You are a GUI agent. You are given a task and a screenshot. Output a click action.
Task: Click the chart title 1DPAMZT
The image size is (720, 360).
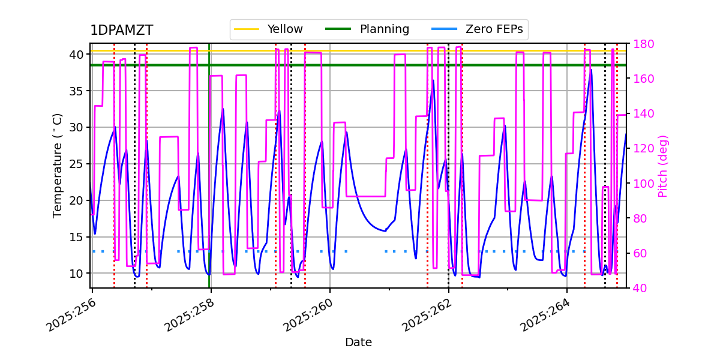click(x=121, y=31)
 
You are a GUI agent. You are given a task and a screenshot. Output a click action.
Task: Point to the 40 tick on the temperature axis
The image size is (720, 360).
click(x=76, y=55)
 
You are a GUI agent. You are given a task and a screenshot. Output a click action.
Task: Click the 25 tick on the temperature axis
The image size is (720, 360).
click(x=76, y=164)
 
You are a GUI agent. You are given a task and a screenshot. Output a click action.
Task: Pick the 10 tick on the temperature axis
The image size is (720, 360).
click(x=76, y=274)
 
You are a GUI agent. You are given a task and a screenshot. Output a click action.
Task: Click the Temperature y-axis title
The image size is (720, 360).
click(x=58, y=165)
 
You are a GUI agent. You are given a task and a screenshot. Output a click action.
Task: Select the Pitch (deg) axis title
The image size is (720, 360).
click(x=663, y=166)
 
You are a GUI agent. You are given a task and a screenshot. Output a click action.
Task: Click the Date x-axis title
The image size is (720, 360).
click(x=358, y=343)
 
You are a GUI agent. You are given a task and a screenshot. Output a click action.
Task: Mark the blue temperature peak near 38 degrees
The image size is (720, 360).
click(x=591, y=70)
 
